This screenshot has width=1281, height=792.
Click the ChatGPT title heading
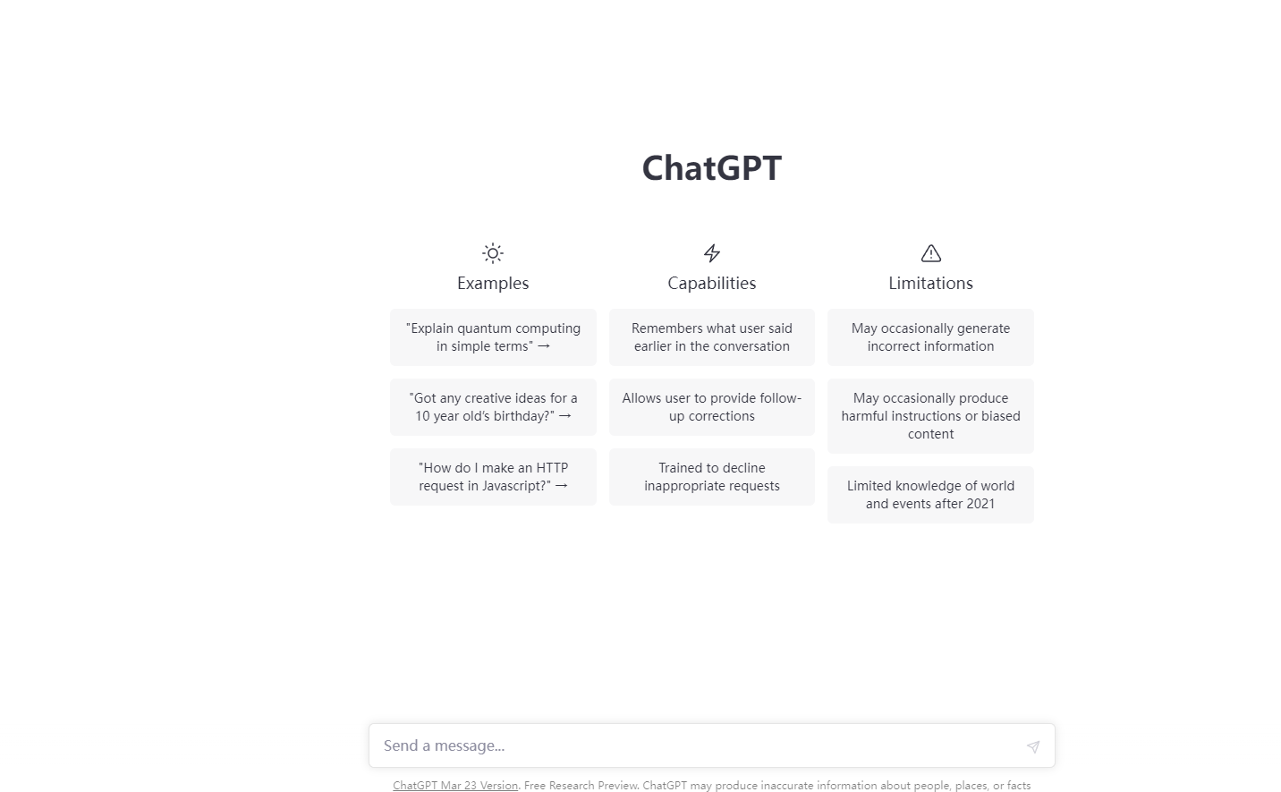coord(711,168)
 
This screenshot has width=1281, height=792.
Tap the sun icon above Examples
coord(492,253)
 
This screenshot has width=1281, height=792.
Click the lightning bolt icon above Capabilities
coord(711,253)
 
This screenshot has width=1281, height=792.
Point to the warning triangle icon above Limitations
coord(930,253)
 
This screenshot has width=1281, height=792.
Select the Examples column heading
coord(492,284)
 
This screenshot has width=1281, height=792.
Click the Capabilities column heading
coord(711,284)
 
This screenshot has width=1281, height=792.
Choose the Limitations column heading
coord(930,284)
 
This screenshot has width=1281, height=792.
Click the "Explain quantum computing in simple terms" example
coord(493,337)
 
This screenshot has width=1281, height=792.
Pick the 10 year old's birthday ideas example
coord(493,407)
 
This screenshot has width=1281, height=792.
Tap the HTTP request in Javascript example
coord(493,477)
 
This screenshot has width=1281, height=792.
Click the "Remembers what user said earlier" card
coord(711,337)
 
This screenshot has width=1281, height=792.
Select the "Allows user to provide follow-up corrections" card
coord(711,407)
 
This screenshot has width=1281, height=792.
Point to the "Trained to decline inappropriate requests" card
coord(711,477)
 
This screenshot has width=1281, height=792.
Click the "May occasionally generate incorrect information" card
coord(930,337)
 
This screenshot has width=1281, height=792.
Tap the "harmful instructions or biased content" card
coord(930,416)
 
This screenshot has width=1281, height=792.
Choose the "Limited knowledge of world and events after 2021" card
coord(930,494)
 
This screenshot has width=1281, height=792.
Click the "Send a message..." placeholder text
coord(444,745)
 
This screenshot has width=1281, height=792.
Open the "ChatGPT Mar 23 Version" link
coord(455,786)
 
